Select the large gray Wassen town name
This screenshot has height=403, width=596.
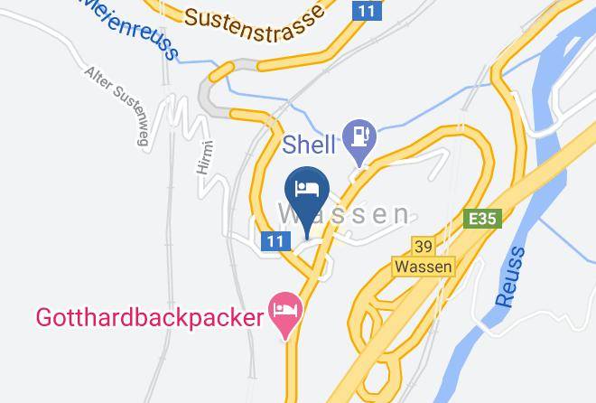344,214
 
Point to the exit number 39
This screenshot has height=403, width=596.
424,246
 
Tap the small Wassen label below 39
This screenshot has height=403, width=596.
424,267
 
